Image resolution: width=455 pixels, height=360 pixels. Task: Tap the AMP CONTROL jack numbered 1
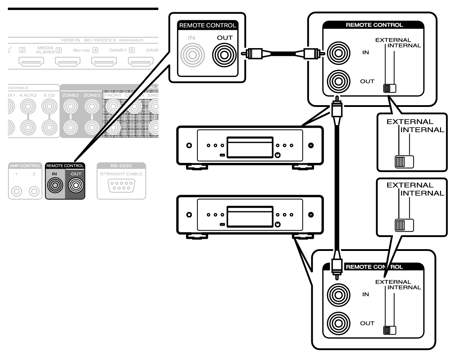pos(16,191)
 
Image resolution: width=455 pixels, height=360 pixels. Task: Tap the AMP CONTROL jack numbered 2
pos(34,191)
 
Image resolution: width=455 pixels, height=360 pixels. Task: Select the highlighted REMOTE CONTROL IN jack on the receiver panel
pos(55,185)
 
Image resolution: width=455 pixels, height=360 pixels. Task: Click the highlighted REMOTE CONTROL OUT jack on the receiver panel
pos(76,185)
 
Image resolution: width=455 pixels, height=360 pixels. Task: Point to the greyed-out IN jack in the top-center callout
pos(192,55)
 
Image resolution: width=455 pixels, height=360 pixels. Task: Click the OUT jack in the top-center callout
pos(224,55)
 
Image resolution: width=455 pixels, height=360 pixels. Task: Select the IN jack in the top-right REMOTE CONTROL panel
pos(338,53)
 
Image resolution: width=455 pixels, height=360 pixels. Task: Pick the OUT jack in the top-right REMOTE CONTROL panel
pos(338,81)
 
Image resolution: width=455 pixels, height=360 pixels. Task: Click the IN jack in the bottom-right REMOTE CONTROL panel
pos(338,295)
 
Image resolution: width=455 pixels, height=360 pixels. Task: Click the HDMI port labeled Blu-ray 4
pos(104,62)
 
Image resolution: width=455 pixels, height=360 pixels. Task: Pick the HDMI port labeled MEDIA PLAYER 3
pos(67,62)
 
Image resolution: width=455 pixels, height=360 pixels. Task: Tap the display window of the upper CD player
pos(250,147)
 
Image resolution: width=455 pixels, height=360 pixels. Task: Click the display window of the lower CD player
pos(250,216)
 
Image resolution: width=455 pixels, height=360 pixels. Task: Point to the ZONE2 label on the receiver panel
pos(71,95)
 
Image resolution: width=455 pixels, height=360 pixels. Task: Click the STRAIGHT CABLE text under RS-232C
pos(121,174)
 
